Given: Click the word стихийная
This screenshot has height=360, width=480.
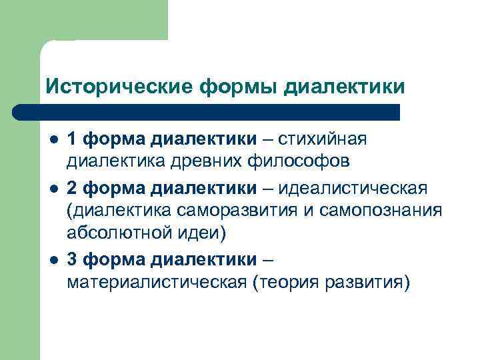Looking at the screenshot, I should click(323, 139).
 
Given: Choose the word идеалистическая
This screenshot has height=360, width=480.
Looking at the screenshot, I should click(353, 187).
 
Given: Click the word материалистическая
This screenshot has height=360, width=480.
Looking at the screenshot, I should click(157, 283).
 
